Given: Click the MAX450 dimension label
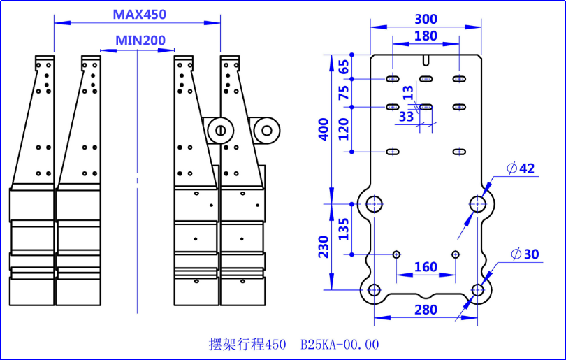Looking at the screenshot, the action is (x=139, y=15).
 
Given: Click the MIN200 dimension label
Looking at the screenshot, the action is (x=140, y=40).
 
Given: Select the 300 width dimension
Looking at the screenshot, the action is (x=426, y=19).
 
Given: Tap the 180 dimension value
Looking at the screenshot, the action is (x=426, y=36).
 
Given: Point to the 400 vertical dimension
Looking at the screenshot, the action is (x=324, y=129).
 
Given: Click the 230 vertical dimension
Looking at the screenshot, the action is (x=324, y=247).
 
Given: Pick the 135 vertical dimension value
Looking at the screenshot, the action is (x=344, y=229).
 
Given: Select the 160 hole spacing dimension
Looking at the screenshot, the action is (x=426, y=267).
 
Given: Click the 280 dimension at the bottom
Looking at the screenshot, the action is (x=426, y=310).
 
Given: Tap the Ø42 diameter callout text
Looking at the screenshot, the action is (x=521, y=168).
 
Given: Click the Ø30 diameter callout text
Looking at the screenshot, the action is (x=525, y=254).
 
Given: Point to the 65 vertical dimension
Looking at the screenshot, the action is (x=344, y=66).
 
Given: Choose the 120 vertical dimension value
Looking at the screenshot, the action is (x=344, y=129).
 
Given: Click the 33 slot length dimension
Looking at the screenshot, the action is (x=406, y=116).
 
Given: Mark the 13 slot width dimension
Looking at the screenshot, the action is (x=407, y=93).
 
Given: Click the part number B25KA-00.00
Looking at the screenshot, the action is (x=340, y=345).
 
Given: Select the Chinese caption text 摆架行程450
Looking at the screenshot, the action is (x=247, y=344).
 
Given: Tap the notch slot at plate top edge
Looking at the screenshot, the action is (x=426, y=60).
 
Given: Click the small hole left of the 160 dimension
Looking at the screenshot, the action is (x=396, y=254).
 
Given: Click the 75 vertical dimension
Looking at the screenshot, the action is (x=344, y=92).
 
